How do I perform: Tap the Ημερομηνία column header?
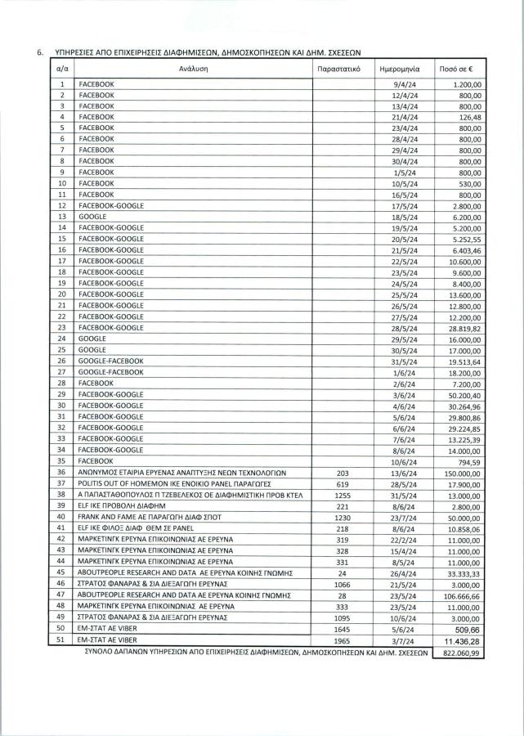401,70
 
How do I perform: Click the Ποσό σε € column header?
457,70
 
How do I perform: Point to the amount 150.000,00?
463,472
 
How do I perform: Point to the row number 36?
61,472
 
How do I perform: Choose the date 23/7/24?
405,517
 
